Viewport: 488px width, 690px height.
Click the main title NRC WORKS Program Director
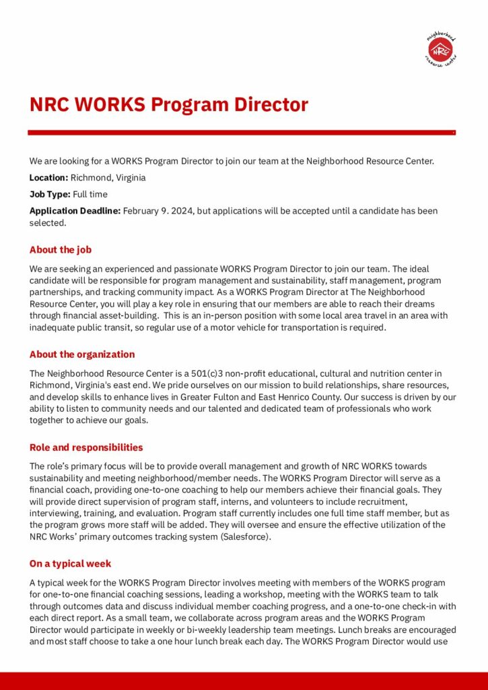point(168,104)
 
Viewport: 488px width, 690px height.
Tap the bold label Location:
point(48,178)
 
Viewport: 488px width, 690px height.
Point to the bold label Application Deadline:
point(75,211)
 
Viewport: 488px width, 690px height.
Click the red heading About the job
point(60,250)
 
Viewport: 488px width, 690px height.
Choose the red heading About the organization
point(81,354)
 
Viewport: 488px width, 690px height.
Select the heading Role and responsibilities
point(85,447)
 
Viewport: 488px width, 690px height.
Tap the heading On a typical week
point(70,563)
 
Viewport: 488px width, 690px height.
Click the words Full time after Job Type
point(92,194)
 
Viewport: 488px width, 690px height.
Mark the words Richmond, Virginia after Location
point(108,178)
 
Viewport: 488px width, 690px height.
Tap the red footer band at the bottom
point(244,681)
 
